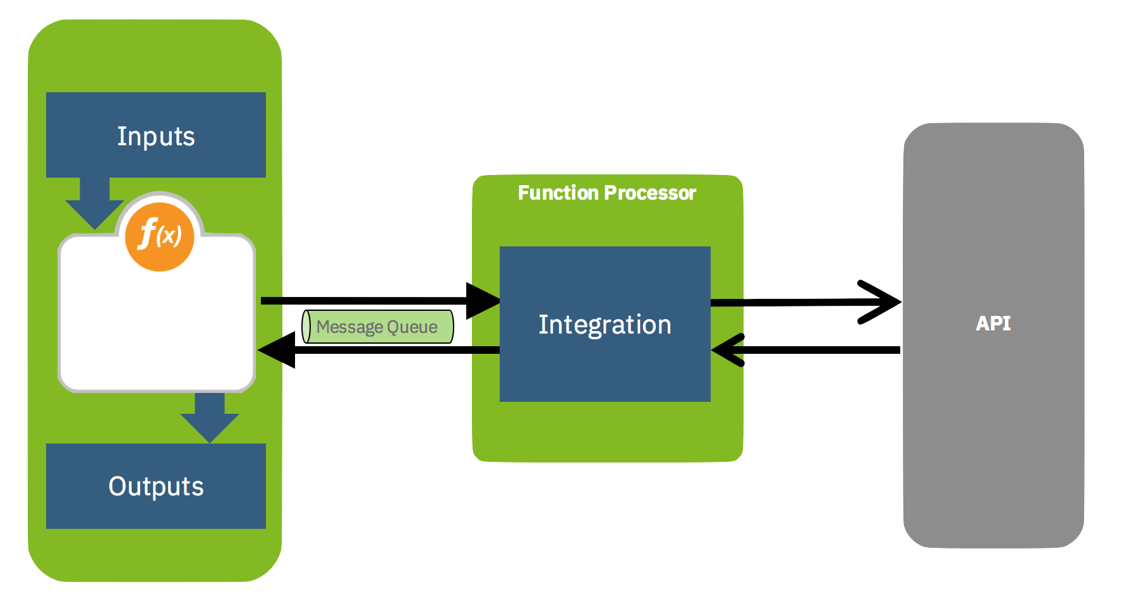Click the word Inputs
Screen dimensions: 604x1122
coord(156,136)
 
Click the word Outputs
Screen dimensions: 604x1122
coord(156,486)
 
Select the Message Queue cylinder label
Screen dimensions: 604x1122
coord(378,327)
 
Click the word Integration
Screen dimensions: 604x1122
coord(605,325)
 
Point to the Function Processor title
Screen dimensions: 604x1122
coord(606,193)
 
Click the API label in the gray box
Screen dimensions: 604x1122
coord(993,323)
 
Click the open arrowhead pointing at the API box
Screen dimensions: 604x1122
coord(881,302)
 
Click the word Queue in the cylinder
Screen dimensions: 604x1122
coord(412,327)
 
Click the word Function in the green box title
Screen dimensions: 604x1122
coord(558,193)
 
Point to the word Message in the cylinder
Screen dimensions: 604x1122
coord(349,327)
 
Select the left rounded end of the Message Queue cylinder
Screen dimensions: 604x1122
coord(306,327)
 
